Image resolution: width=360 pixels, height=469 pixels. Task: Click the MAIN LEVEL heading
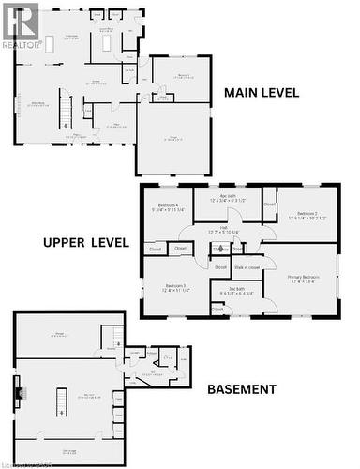261,92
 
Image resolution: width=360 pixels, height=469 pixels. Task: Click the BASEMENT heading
241,388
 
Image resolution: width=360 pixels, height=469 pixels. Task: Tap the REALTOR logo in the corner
20,23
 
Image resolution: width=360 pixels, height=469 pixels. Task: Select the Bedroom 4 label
170,206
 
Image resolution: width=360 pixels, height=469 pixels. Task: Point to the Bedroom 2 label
307,216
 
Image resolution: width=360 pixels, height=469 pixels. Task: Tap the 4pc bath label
228,198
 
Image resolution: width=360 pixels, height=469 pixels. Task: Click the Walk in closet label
247,267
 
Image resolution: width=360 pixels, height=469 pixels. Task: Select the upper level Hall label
225,229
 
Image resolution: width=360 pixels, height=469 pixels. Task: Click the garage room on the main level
174,138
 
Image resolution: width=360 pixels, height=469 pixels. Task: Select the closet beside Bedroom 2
269,204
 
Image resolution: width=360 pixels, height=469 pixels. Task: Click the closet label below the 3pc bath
220,309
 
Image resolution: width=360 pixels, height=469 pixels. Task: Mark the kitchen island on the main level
50,41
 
